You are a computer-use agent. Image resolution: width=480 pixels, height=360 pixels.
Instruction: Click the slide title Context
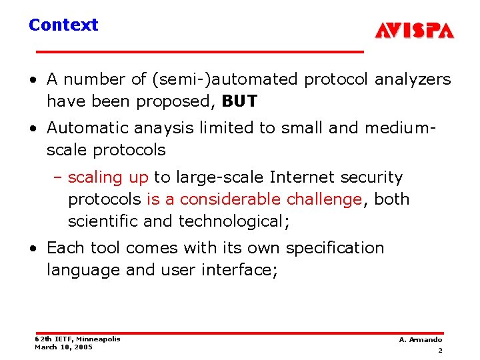tap(63, 25)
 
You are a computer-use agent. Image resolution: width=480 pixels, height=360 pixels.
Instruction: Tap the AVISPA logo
tap(414, 31)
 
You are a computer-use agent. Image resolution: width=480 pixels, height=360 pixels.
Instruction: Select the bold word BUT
tap(239, 101)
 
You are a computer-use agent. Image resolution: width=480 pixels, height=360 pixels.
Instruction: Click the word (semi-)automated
tap(226, 79)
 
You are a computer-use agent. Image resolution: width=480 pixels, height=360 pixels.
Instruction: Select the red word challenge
tap(324, 199)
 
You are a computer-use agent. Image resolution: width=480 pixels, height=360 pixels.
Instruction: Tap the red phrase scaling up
tap(108, 177)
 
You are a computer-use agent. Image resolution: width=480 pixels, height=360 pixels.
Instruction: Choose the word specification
tap(335, 248)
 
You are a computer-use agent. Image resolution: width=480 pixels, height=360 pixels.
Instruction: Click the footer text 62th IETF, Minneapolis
tap(77, 339)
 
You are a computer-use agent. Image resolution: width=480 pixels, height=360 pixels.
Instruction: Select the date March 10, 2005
tap(63, 347)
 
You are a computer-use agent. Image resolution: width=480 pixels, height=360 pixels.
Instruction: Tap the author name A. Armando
tap(420, 340)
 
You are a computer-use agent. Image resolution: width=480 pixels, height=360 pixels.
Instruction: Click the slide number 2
tap(440, 350)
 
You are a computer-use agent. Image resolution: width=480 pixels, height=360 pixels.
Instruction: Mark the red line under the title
tap(200, 51)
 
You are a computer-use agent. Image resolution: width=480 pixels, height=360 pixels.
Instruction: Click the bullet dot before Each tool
tap(33, 249)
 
